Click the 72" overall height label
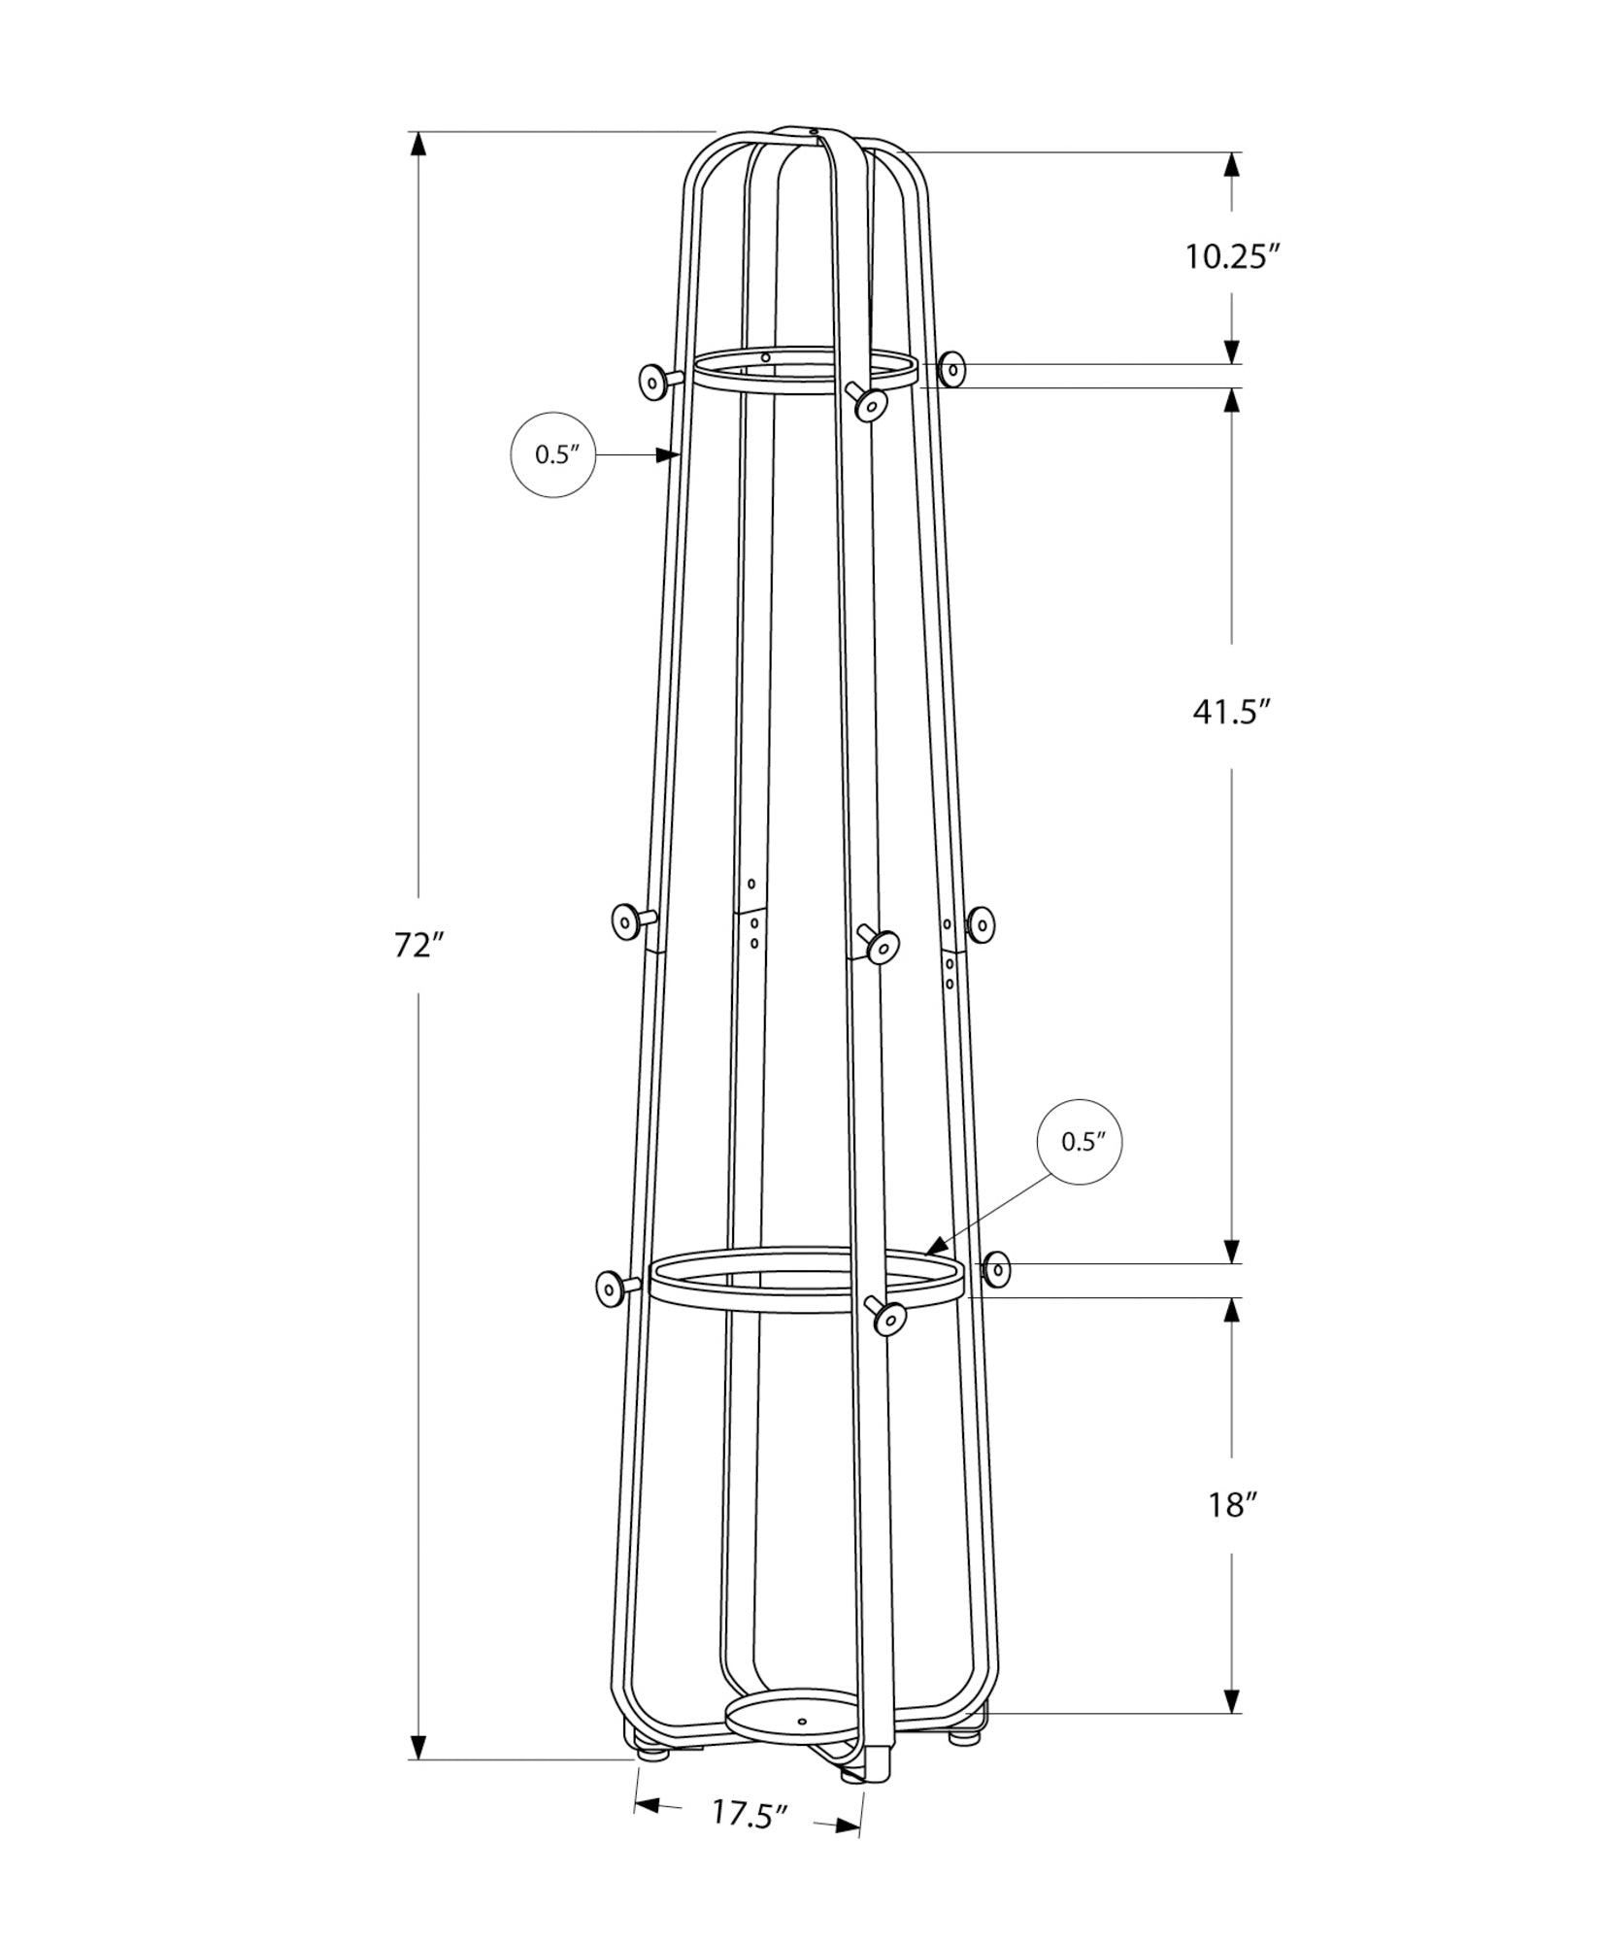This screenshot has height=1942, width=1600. [418, 945]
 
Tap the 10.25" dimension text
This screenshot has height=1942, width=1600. [1231, 257]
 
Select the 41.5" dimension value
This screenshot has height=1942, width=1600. [1231, 712]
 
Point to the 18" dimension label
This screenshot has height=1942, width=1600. [1231, 1506]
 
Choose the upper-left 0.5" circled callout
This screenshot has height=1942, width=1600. [553, 455]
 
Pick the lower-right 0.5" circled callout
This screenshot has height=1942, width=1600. [1080, 1142]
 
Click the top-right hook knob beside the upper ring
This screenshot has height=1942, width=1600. [953, 369]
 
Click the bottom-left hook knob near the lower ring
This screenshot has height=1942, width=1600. [610, 1289]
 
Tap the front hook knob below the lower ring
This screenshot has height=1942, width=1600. [888, 1318]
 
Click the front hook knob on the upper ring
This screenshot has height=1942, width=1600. [871, 403]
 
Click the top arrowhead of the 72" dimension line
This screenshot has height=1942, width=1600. [418, 145]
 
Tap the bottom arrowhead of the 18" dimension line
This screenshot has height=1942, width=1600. [1231, 1700]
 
